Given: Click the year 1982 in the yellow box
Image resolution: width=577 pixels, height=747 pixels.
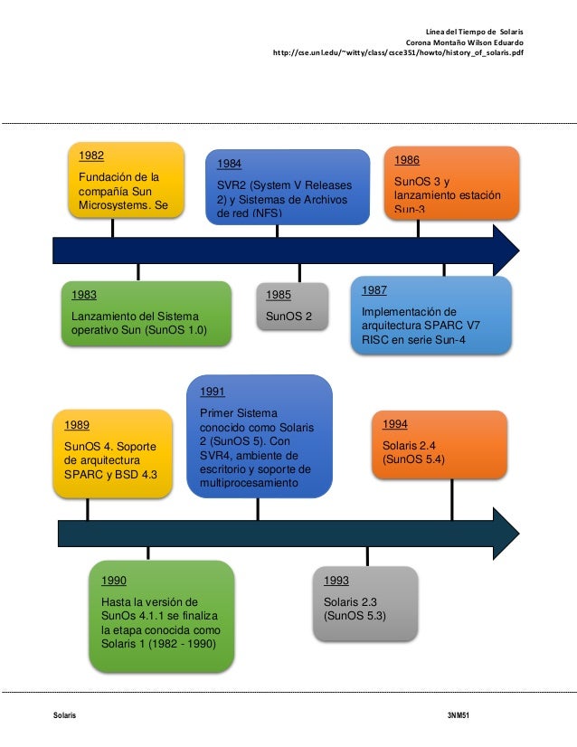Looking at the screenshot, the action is click(x=91, y=156).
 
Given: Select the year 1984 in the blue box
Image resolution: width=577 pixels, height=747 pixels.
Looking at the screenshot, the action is click(x=229, y=165).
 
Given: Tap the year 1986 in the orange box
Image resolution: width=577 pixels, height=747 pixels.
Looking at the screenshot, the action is click(x=407, y=160).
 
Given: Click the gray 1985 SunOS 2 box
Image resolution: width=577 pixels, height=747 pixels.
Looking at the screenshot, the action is click(x=292, y=307).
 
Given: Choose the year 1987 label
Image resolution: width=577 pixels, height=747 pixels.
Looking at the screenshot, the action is click(x=374, y=290).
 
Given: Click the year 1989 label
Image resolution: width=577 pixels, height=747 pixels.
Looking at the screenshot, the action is click(x=76, y=425).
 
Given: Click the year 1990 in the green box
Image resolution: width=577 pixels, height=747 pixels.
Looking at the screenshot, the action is click(x=114, y=581).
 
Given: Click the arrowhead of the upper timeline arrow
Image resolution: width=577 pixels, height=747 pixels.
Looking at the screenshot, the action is click(x=506, y=249).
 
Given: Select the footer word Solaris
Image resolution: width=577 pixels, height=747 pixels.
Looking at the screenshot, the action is click(x=64, y=715).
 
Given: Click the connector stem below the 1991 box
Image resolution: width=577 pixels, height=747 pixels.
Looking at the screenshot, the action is click(x=258, y=508).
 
